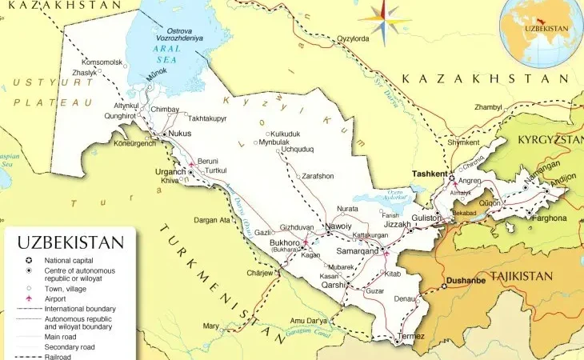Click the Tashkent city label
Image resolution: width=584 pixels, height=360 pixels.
[429, 174]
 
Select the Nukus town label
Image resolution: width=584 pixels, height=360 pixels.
[181, 134]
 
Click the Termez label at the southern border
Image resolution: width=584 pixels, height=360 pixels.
[412, 336]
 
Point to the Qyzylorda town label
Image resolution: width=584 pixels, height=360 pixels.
[353, 38]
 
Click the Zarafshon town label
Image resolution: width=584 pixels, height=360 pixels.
[318, 176]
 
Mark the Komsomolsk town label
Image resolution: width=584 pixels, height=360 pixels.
[102, 62]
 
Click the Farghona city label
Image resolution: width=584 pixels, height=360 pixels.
[548, 218]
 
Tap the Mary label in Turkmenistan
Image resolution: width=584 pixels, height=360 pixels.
[211, 326]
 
